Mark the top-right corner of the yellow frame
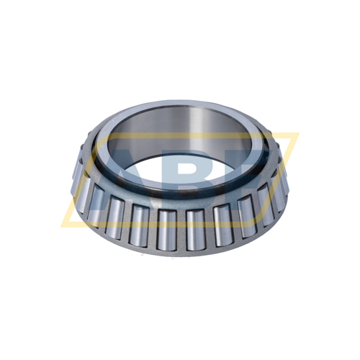point(297,135)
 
